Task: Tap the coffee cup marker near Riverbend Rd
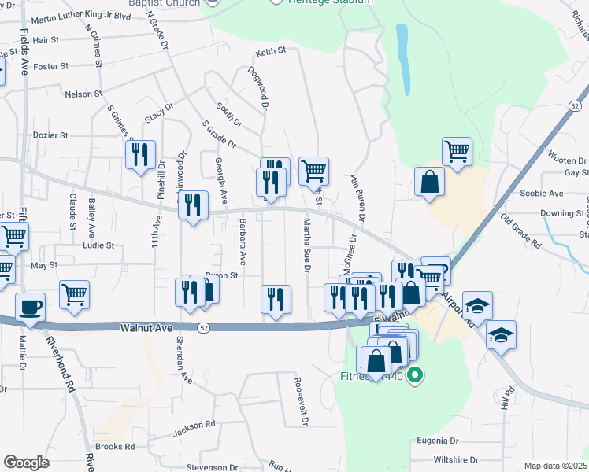pos(31,307)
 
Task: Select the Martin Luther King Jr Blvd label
pos(81,16)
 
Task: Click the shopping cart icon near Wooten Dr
pos(456,150)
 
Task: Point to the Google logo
pos(26,462)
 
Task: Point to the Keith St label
pos(270,53)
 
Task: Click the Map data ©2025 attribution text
pos(555,466)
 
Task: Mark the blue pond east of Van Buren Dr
pos(403,59)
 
